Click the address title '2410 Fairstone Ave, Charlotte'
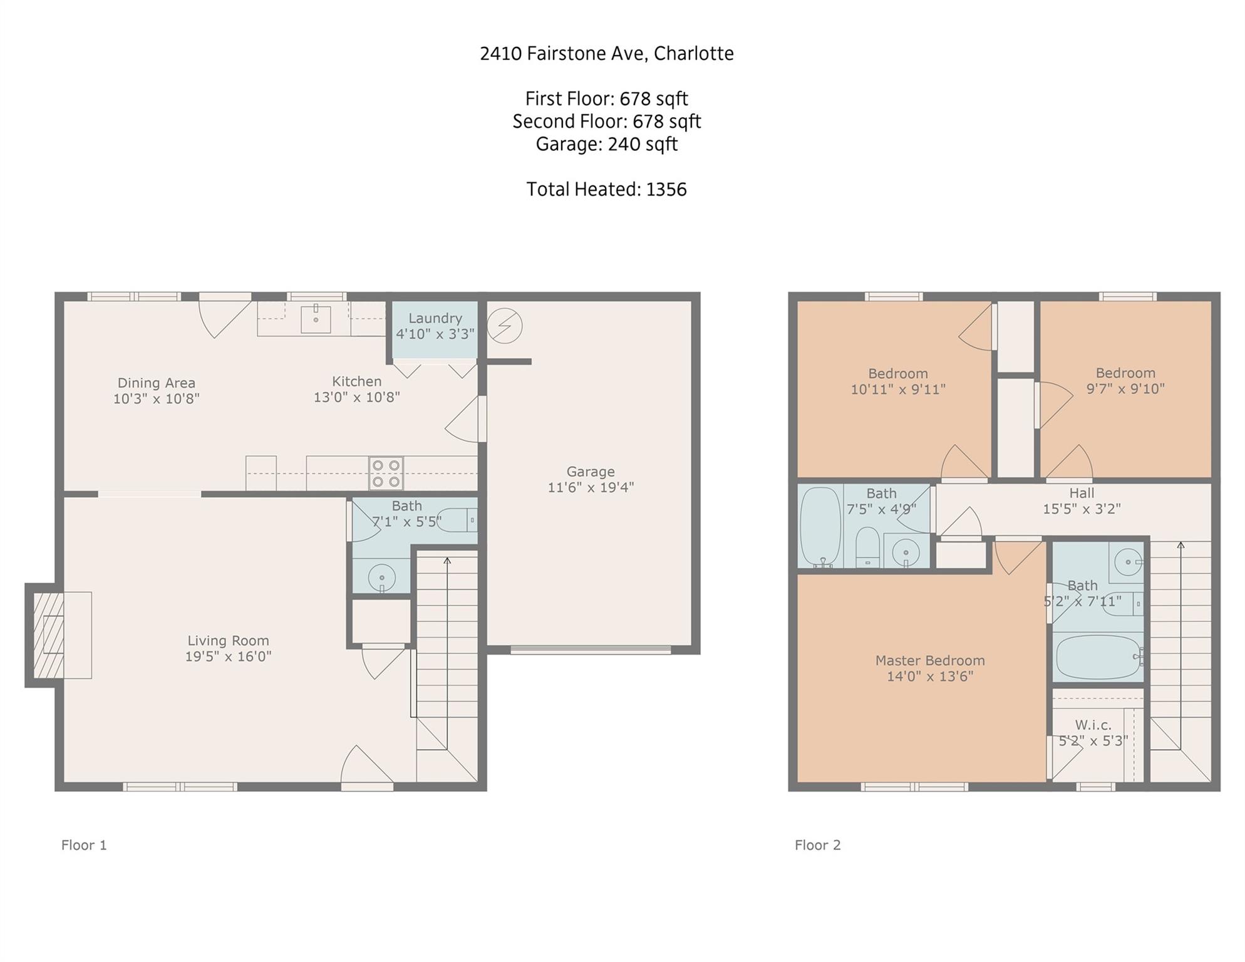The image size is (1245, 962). click(606, 54)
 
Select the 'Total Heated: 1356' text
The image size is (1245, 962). click(606, 189)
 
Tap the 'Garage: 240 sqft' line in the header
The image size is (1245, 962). click(606, 144)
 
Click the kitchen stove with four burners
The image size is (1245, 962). click(386, 473)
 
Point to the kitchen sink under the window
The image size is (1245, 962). click(316, 319)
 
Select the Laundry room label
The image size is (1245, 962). click(435, 318)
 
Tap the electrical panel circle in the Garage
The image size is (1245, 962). click(504, 326)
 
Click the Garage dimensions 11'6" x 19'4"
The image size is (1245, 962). click(591, 487)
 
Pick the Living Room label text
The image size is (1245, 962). click(228, 641)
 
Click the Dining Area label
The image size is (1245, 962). click(156, 383)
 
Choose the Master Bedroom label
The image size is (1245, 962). click(929, 660)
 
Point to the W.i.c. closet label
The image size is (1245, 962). click(1093, 725)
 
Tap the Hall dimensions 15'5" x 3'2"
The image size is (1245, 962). click(1081, 509)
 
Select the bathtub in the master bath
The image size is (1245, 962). click(1098, 657)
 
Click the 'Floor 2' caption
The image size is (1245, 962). click(817, 845)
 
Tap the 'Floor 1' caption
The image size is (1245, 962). click(84, 845)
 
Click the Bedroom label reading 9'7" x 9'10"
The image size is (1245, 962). click(1125, 388)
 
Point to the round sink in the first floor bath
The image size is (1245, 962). click(381, 577)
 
